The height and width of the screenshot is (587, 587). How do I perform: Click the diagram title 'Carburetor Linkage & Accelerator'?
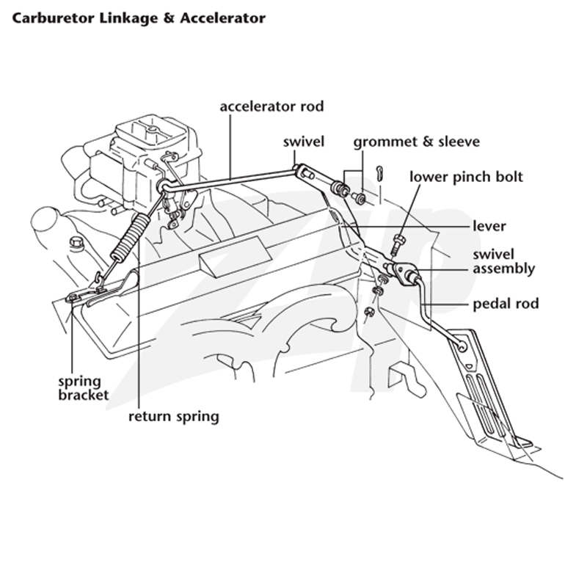click(139, 18)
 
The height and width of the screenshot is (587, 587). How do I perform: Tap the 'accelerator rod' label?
click(271, 106)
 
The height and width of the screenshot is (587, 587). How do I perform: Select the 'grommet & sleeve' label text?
click(417, 142)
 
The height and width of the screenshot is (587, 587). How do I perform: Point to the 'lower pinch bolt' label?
click(466, 177)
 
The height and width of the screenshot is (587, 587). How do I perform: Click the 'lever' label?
click(489, 226)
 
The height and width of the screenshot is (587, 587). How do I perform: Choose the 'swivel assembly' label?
click(504, 262)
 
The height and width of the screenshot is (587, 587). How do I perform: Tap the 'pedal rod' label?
click(506, 304)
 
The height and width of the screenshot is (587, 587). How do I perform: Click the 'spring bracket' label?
click(83, 388)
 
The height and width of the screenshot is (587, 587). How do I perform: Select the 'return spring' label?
click(174, 416)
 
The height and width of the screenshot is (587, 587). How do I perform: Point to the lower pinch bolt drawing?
click(398, 244)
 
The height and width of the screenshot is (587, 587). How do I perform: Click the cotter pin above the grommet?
click(380, 174)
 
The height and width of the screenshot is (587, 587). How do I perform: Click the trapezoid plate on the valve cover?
click(235, 257)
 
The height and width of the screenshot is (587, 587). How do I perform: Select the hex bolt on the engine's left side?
click(77, 244)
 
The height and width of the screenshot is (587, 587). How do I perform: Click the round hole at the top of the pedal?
click(462, 347)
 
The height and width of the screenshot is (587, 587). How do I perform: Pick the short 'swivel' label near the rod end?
click(304, 142)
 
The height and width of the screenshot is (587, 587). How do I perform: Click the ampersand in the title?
click(169, 18)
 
